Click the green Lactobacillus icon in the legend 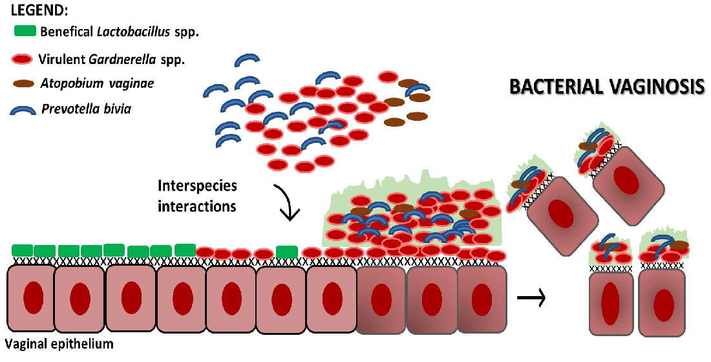tap(25, 30)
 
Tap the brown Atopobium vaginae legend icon tap(25, 83)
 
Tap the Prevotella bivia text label tap(86, 109)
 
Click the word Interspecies tap(197, 187)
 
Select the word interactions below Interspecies tap(197, 206)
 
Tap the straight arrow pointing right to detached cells tap(532, 298)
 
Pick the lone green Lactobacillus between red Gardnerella tap(286, 251)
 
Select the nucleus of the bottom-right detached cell tap(663, 304)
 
